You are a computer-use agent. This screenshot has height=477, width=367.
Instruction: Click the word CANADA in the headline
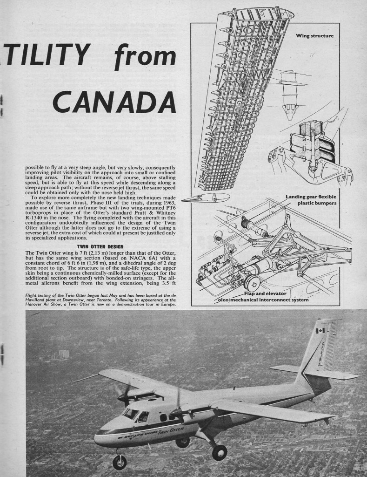pyautogui.click(x=113, y=100)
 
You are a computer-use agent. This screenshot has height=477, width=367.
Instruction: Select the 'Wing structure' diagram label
pyautogui.click(x=314, y=36)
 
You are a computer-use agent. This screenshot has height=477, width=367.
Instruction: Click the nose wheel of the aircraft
pyautogui.click(x=120, y=462)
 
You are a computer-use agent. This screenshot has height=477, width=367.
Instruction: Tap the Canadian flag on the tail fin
pyautogui.click(x=320, y=331)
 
